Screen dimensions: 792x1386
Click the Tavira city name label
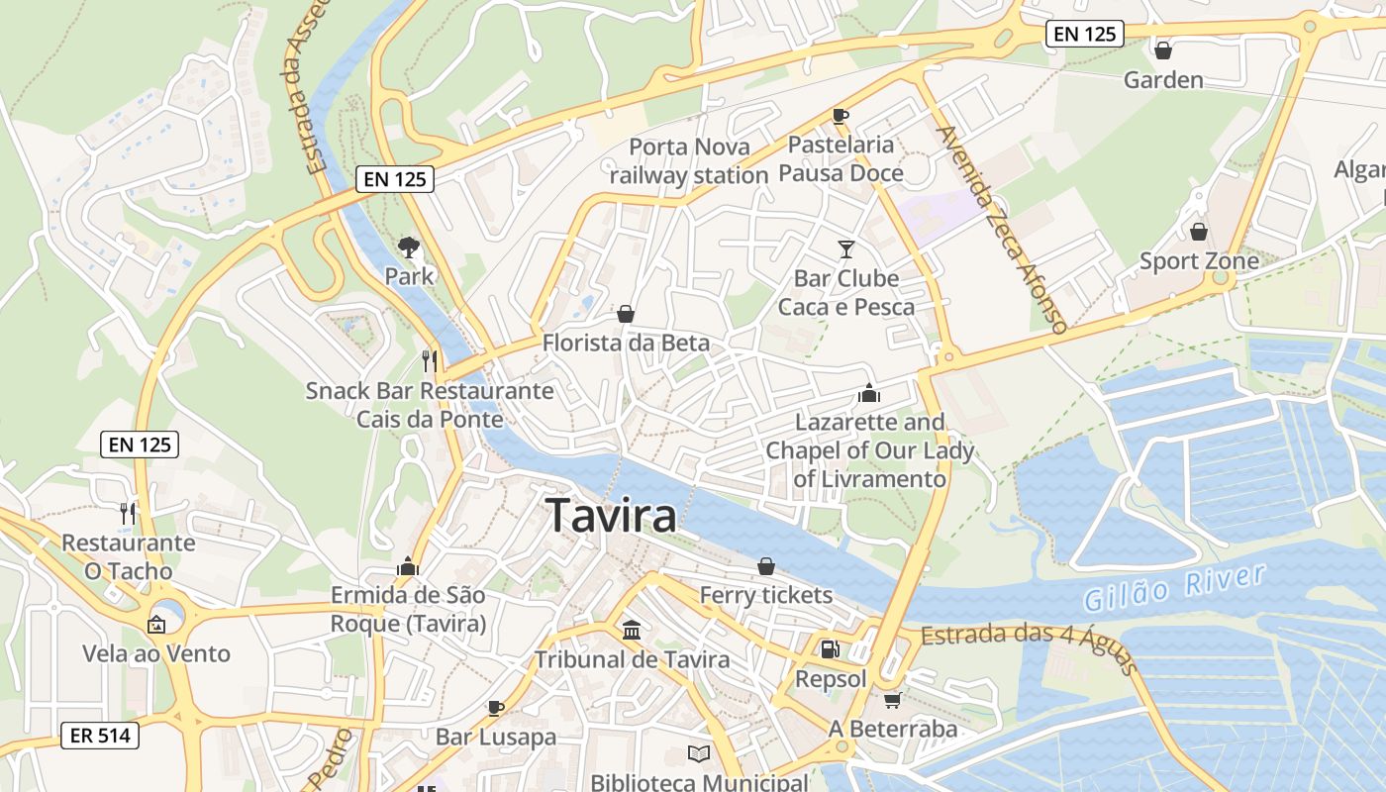[611, 516]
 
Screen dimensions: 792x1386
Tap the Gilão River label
[1174, 587]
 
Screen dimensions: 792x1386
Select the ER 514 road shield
[100, 736]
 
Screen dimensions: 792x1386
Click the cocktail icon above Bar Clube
[846, 248]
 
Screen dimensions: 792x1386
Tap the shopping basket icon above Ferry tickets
[766, 566]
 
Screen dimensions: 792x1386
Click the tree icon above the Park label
[408, 247]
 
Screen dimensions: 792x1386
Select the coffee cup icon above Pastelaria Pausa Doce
[841, 116]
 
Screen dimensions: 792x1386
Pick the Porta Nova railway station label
[689, 161]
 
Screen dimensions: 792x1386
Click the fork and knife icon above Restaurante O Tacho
[128, 513]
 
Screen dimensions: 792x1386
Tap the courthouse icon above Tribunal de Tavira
[632, 630]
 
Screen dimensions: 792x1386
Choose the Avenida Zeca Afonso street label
[1001, 228]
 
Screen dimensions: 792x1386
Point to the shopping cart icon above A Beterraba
[892, 700]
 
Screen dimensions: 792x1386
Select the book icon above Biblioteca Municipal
[699, 753]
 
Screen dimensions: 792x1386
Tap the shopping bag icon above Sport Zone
[1199, 232]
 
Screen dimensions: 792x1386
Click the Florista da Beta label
[626, 344]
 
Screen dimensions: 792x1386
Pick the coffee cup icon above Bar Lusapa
[496, 708]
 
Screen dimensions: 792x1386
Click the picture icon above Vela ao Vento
[155, 625]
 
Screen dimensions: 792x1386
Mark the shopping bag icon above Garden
[1163, 50]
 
